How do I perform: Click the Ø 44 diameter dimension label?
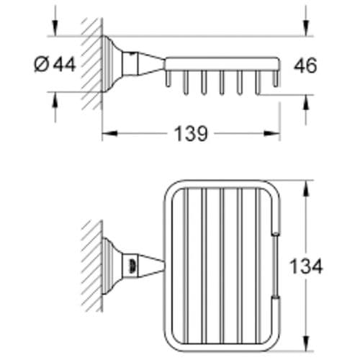pos(55,64)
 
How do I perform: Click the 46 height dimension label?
pos(305,66)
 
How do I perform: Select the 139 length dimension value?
pos(191,134)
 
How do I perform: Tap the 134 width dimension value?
pos(306,266)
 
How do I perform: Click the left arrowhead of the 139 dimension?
pos(110,133)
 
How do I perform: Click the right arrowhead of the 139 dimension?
pos(272,133)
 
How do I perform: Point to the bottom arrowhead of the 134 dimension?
pos(305,343)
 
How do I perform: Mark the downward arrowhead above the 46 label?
pos(305,28)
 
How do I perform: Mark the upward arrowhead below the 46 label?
pos(305,103)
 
